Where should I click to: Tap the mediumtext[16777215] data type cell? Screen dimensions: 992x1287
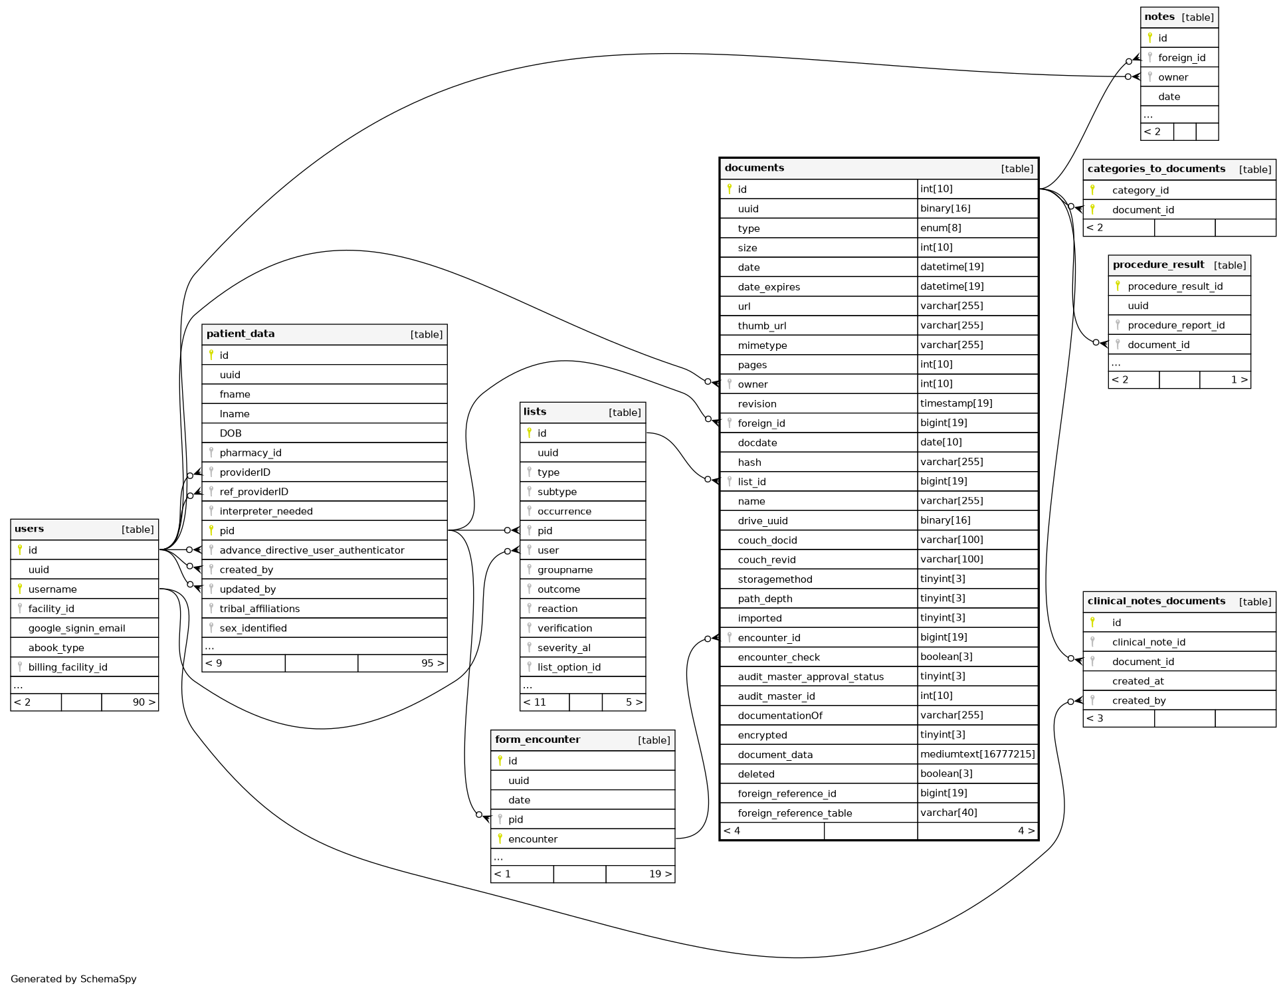[977, 754]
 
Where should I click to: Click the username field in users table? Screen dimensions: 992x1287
[52, 589]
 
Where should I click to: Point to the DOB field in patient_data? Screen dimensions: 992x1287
[231, 433]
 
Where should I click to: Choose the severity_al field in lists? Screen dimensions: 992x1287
[563, 648]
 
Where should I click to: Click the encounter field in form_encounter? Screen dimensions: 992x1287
[532, 839]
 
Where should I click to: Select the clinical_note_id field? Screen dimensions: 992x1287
[1148, 643]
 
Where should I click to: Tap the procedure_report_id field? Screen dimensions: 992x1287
[1175, 326]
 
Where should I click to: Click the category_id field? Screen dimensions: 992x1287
[1140, 191]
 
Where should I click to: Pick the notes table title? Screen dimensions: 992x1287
[1159, 17]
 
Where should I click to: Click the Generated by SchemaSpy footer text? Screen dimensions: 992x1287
[74, 979]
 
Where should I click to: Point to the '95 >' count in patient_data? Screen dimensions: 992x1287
[432, 663]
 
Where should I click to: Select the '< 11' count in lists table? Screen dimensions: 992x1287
[534, 702]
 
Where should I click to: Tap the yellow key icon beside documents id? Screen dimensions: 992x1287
[729, 189]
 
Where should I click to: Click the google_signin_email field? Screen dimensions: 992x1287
[76, 629]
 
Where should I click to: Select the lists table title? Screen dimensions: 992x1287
[534, 412]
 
